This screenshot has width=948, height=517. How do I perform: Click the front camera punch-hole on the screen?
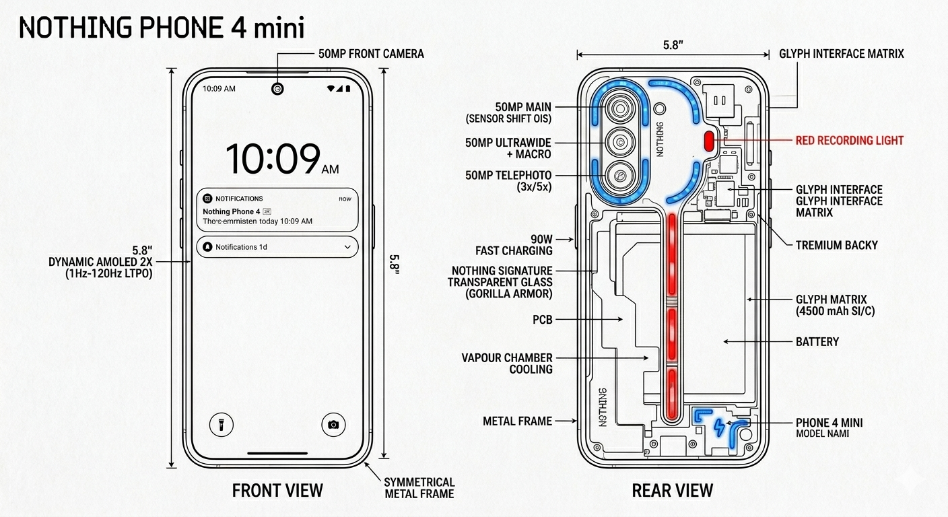tap(277, 89)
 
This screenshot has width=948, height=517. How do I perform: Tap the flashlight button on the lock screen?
tap(221, 424)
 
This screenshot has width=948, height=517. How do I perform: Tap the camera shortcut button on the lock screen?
tap(333, 424)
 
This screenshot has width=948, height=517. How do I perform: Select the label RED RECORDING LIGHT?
tap(849, 141)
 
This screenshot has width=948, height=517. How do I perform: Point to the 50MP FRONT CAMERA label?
tap(371, 54)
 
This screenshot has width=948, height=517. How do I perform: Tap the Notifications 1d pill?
tap(277, 247)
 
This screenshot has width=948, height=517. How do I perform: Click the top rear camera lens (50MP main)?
tap(619, 108)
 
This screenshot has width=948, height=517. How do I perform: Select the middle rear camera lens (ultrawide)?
tap(619, 142)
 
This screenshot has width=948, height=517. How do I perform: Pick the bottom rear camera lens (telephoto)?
tap(619, 176)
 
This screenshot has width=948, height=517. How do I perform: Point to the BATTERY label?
tap(817, 342)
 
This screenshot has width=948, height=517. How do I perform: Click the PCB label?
tap(542, 320)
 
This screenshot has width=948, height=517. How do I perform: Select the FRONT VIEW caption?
tap(277, 491)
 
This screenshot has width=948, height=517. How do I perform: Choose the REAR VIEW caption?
tap(672, 491)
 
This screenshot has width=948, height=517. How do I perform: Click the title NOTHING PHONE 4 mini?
tap(162, 28)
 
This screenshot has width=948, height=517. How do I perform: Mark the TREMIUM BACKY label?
tap(836, 245)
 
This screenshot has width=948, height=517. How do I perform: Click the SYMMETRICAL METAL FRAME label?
tap(419, 488)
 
